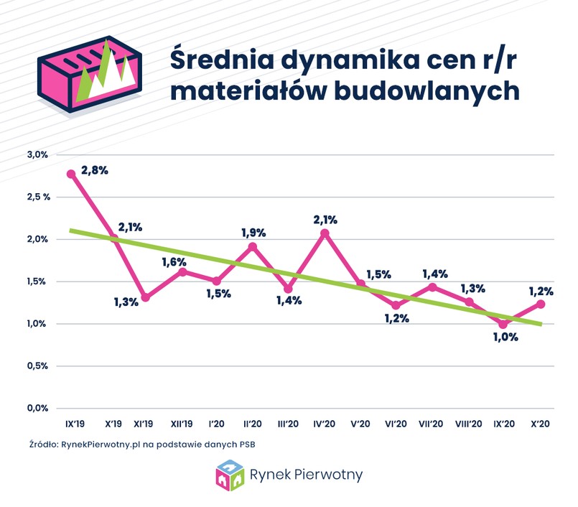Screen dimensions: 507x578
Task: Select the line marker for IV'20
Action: click(325, 233)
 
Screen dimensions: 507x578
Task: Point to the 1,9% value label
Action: click(253, 232)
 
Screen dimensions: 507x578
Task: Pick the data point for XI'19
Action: click(146, 297)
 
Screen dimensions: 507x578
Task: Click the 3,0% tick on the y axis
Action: click(37, 154)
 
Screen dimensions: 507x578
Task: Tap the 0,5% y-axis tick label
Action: click(37, 366)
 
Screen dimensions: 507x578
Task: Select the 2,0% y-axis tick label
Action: click(37, 239)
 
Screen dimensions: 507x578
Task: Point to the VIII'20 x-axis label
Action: click(469, 424)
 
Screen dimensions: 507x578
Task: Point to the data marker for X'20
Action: click(541, 304)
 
